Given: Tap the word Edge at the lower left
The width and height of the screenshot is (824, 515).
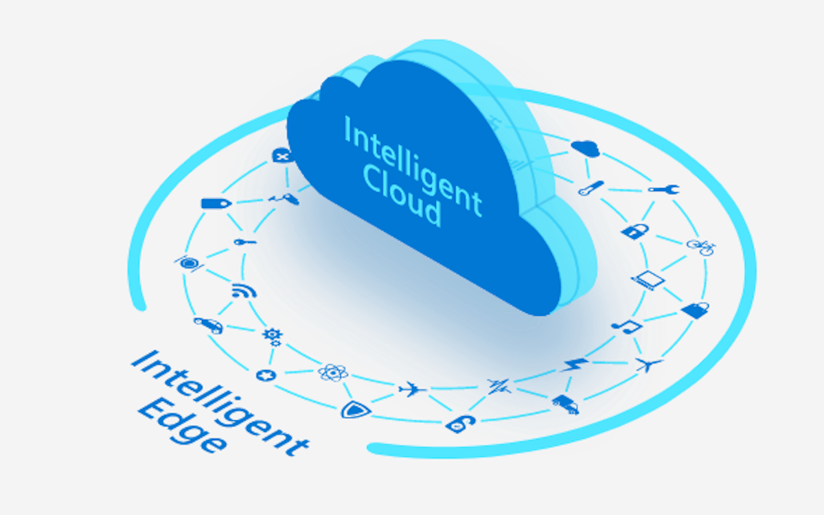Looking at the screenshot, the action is tap(182, 426).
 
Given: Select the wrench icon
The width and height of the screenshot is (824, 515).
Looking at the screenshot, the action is tap(664, 190).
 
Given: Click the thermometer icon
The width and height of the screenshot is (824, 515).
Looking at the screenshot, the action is tap(591, 188).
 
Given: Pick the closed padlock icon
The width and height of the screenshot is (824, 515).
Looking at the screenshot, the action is tap(635, 231).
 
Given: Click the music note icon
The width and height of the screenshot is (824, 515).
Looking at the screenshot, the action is tap(627, 326).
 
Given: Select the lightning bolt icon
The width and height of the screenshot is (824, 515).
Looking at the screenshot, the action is tap(574, 365).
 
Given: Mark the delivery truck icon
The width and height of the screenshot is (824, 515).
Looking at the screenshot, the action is tap(565, 404).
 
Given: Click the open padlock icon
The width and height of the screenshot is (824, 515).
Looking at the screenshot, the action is tap(461, 424).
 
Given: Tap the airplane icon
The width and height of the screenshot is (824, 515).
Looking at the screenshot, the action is tap(412, 389).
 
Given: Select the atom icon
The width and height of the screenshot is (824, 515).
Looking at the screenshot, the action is tap(333, 372).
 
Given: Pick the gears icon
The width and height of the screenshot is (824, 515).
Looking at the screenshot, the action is tap(273, 337).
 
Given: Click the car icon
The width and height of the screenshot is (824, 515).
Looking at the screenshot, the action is tap(209, 325).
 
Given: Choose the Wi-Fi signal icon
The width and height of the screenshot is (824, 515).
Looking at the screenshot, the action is tap(244, 290).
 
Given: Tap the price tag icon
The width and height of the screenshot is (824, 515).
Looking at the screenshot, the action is tap(216, 203).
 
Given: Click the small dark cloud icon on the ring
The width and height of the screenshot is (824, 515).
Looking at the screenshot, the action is tap(586, 148).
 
